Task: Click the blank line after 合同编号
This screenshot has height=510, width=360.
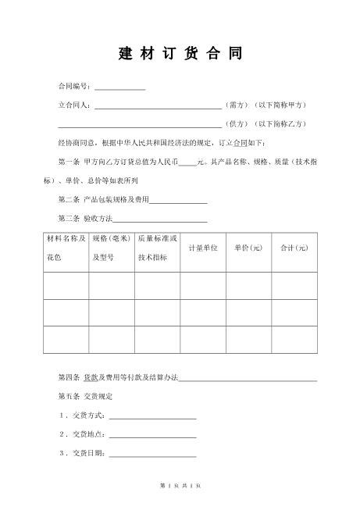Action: tap(119, 87)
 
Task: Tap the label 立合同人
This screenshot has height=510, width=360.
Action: tap(74, 105)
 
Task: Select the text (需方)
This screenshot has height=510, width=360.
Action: tap(237, 105)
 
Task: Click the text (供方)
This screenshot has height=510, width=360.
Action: tap(237, 124)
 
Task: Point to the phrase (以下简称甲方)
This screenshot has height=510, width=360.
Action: tap(280, 105)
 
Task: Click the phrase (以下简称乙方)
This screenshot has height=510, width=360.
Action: tap(280, 124)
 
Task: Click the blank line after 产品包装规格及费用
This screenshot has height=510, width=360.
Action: tap(178, 200)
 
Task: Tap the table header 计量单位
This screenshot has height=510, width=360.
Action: tap(203, 248)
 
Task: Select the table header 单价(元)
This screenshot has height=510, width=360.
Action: tap(249, 248)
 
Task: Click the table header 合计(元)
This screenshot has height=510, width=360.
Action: tap(295, 248)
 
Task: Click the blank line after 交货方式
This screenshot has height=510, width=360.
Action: tap(152, 415)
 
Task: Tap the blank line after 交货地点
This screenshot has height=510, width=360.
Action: tap(152, 435)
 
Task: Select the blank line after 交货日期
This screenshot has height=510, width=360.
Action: tap(152, 454)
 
